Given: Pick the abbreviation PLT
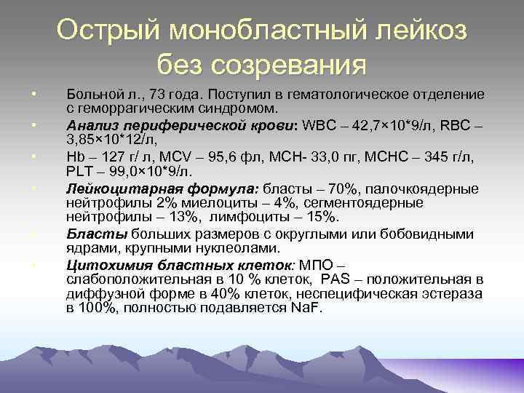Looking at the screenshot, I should click(x=81, y=171).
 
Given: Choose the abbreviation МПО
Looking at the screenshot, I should click(x=323, y=264).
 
